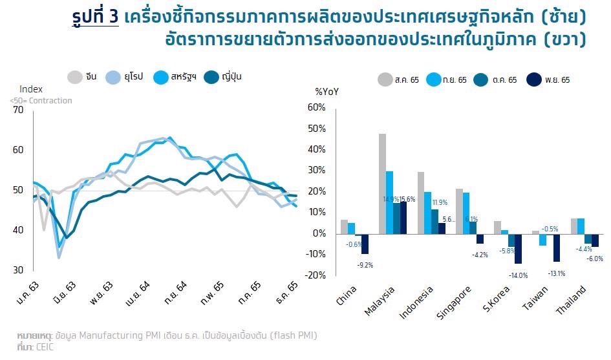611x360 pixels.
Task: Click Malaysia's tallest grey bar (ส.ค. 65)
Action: [x=382, y=183]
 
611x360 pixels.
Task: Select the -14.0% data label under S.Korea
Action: [x=519, y=275]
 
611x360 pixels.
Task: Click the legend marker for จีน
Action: [x=75, y=77]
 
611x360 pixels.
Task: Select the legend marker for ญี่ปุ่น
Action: [x=211, y=77]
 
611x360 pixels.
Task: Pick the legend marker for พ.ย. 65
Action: [x=534, y=79]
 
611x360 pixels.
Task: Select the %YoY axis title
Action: [x=327, y=92]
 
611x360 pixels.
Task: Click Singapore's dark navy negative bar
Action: [x=479, y=238]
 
